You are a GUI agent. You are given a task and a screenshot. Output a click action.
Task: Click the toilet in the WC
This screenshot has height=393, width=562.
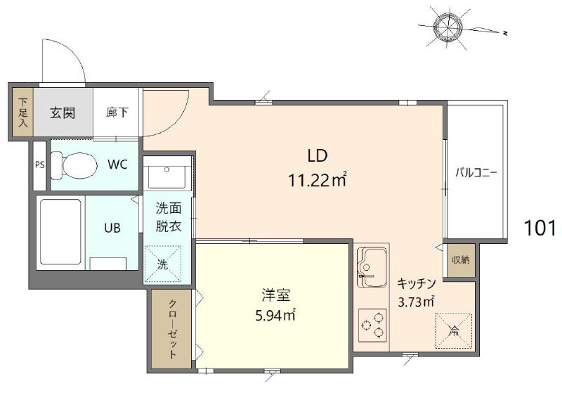tap(74, 166)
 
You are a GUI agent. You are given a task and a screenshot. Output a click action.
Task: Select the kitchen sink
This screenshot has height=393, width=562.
tap(372, 267)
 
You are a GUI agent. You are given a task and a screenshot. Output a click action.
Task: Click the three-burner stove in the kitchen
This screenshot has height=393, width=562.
tap(373, 326)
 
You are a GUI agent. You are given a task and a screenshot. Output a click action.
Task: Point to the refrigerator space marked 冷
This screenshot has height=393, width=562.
tap(453, 330)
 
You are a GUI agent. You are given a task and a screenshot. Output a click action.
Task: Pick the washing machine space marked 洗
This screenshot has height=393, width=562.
tap(163, 264)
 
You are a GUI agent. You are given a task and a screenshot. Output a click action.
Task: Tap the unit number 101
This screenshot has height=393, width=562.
tap(540, 227)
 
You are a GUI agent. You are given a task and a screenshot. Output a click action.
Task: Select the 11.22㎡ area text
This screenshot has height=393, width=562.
tap(318, 180)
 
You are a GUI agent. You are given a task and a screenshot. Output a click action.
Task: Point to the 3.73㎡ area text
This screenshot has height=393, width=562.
tap(416, 302)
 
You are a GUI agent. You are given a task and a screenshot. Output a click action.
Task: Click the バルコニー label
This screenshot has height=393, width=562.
tap(476, 173)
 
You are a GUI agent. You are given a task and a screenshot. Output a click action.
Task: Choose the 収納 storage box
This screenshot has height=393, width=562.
tap(461, 260)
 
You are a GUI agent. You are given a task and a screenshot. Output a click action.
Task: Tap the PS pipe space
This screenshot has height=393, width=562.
tap(40, 165)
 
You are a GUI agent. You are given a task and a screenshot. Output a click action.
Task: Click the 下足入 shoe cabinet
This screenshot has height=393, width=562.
tap(23, 112)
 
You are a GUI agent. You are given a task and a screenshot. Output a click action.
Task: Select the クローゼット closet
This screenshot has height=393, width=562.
tap(171, 329)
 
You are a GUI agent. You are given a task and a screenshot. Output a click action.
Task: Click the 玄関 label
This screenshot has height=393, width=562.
tap(63, 113)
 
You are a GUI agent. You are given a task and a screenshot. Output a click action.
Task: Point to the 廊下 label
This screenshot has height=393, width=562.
tap(117, 112)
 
